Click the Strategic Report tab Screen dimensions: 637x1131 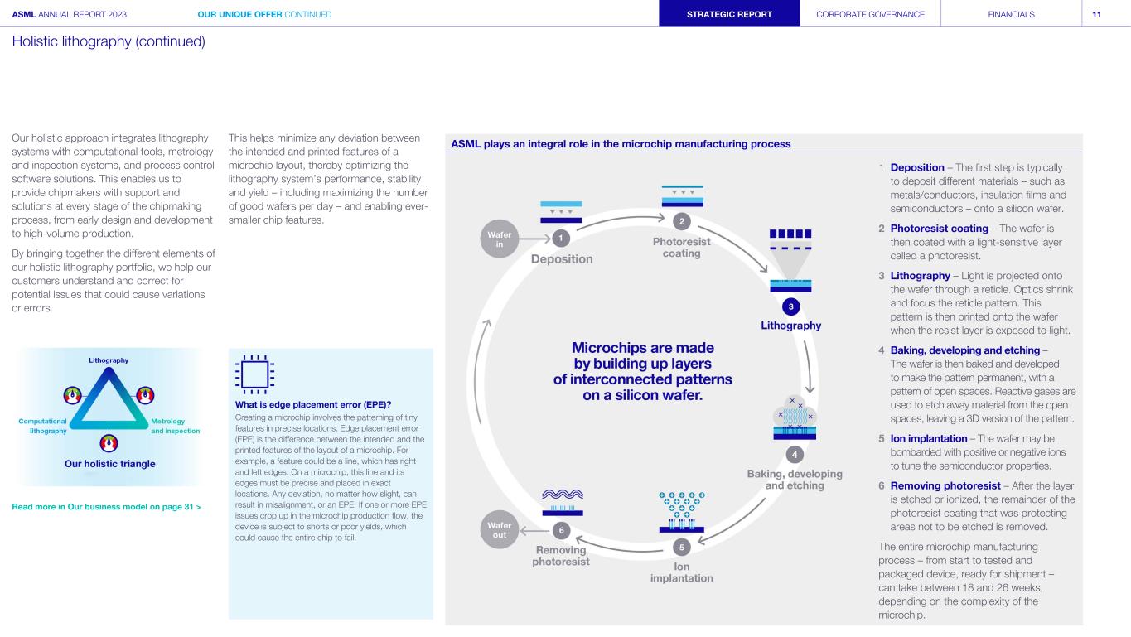(729, 14)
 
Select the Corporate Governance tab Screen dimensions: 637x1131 (870, 14)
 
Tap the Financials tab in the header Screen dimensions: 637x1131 (1011, 14)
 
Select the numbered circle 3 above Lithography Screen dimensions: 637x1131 (791, 306)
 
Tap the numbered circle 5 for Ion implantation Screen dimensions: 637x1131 (681, 548)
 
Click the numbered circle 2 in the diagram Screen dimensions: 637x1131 (681, 221)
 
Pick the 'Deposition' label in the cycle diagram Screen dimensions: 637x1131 (562, 259)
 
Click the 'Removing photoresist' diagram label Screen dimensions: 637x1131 (561, 556)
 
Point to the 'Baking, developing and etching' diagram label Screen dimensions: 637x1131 (793, 480)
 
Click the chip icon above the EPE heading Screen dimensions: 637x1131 (254, 375)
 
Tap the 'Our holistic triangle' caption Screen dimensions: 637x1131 (110, 463)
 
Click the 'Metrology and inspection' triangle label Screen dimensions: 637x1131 (174, 426)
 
